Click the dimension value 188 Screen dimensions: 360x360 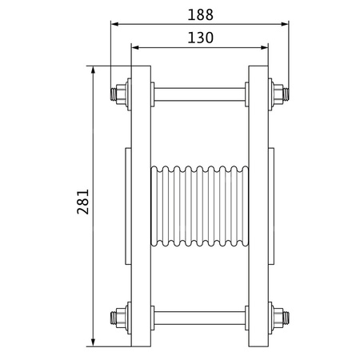pyautogui.click(x=199, y=13)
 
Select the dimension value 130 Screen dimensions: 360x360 pyautogui.click(x=199, y=37)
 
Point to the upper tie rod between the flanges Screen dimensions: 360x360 pyautogui.click(x=199, y=92)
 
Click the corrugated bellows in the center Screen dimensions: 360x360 pyautogui.click(x=199, y=206)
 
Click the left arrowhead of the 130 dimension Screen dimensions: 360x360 pyautogui.click(x=134, y=47)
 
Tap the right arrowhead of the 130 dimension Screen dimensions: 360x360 pyautogui.click(x=263, y=47)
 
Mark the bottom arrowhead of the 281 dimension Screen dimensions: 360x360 pyautogui.click(x=95, y=342)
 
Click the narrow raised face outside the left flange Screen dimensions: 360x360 pyautogui.click(x=127, y=206)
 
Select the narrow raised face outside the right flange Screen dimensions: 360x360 pyautogui.click(x=271, y=206)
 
